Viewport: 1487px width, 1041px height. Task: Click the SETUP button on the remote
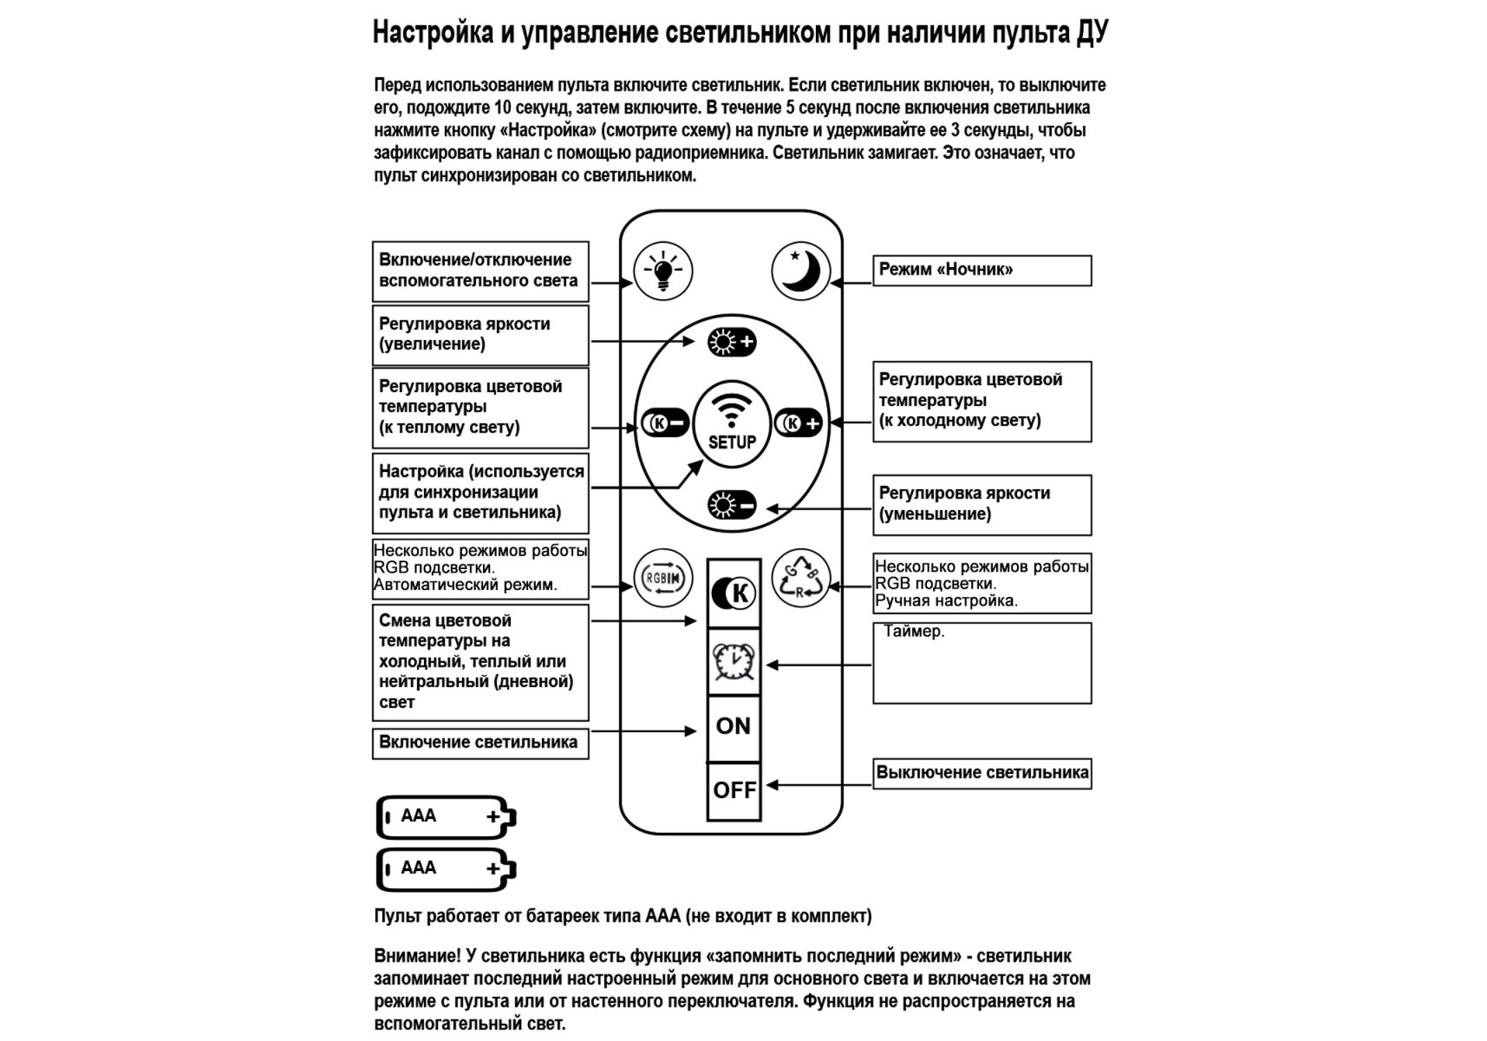pos(732,422)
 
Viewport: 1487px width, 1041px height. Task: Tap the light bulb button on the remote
pos(663,271)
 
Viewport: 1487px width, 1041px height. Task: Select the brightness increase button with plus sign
pos(732,342)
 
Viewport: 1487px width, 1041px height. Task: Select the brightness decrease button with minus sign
pos(732,505)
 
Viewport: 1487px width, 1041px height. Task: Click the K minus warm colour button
pos(665,423)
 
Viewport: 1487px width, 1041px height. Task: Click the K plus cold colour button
pos(799,423)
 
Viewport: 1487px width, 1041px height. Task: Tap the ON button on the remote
pos(734,726)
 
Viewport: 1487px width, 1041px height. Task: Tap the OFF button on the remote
pos(734,790)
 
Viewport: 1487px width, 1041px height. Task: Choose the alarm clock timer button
pos(734,662)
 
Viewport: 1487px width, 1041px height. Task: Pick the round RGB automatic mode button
pos(663,578)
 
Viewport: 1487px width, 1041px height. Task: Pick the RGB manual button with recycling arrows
pos(800,578)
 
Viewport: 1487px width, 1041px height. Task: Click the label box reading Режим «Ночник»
pos(982,270)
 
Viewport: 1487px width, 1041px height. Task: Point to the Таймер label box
pos(982,663)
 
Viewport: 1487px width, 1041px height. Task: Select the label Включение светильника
pos(480,743)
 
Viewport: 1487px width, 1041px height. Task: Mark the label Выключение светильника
pos(982,773)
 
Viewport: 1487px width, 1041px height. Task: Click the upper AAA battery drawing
pos(446,816)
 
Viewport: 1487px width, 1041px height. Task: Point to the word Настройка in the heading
pos(433,33)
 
